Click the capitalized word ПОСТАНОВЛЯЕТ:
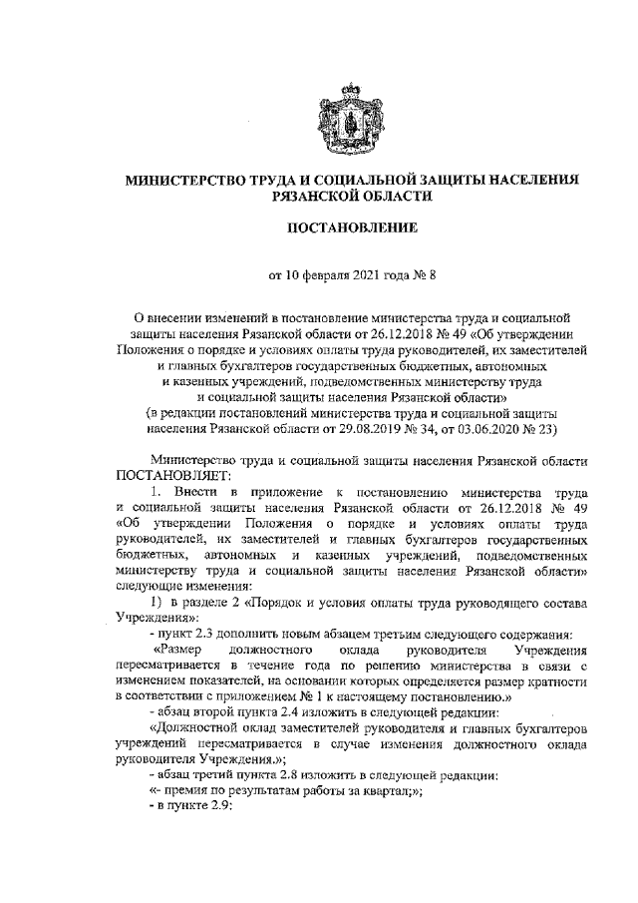173,474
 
